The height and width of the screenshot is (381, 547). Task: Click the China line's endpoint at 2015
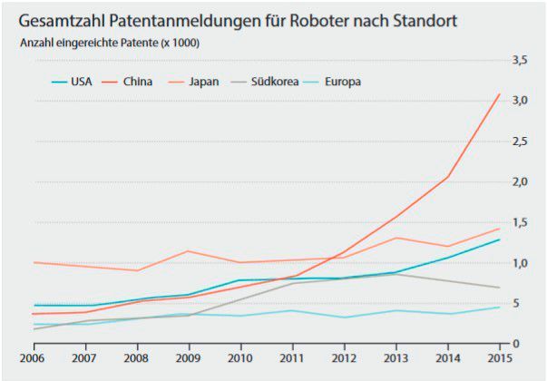500,93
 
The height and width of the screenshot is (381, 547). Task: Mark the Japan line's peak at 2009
188,250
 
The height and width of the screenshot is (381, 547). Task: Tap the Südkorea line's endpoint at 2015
500,288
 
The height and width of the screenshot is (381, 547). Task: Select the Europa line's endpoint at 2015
500,307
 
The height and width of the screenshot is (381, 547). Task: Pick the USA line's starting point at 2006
33,306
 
